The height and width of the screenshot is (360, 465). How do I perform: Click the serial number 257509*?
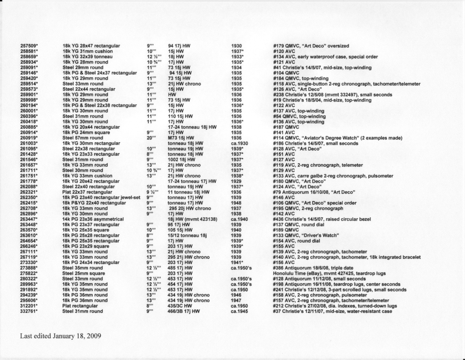tap(29, 46)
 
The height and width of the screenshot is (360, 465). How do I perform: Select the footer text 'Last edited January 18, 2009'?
tap(60, 336)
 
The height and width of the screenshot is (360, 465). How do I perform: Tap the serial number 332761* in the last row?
tap(29, 311)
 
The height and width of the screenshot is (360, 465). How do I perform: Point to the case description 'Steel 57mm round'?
tap(83, 138)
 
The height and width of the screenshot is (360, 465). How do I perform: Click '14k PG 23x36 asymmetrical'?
tap(93, 219)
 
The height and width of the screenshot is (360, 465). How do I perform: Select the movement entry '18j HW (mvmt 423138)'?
tap(193, 219)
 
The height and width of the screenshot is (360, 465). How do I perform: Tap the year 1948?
tap(236, 203)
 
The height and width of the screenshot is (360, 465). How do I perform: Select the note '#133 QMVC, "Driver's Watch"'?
tap(306, 235)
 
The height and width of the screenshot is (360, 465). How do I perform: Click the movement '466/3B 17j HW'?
tap(184, 311)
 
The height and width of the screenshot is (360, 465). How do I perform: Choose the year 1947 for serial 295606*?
tap(236, 300)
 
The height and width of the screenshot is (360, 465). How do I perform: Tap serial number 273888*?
tap(29, 268)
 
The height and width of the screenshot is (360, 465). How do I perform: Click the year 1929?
tap(236, 181)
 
